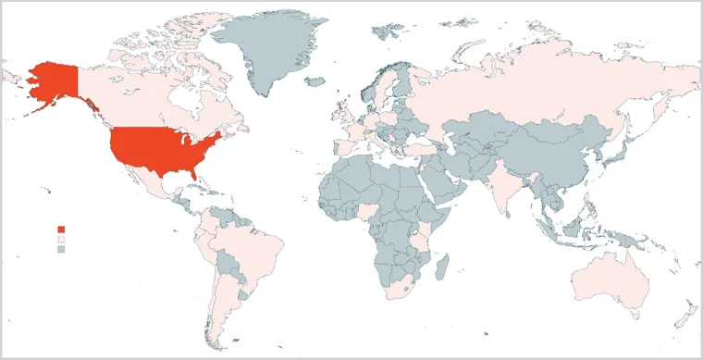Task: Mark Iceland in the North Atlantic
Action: click(x=317, y=82)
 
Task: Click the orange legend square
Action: click(x=61, y=229)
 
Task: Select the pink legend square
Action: click(x=61, y=239)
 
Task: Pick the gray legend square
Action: click(x=61, y=249)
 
